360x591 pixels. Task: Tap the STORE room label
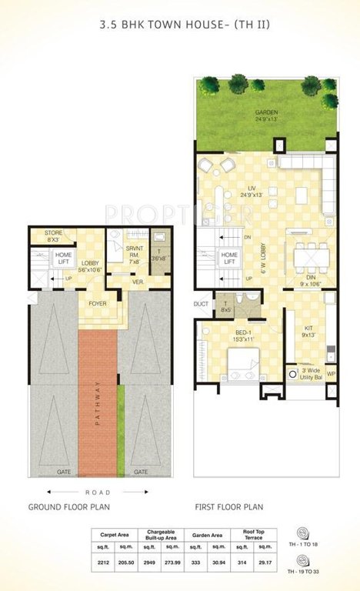[53, 235]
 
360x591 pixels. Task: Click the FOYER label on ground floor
[98, 303]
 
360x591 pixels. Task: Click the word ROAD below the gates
[99, 492]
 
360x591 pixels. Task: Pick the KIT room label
[309, 331]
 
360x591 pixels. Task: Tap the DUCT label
[202, 304]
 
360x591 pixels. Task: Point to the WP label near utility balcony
[332, 374]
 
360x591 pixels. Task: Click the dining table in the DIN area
[308, 255]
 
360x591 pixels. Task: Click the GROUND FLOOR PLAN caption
[69, 507]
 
